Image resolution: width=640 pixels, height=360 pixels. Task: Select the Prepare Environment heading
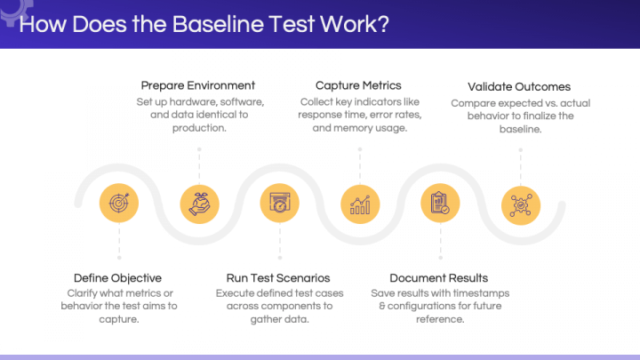coord(198,85)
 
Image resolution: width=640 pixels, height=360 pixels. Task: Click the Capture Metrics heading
coord(359,85)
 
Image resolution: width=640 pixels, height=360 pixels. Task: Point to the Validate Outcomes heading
coord(519,86)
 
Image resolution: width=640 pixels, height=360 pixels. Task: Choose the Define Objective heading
coord(117,277)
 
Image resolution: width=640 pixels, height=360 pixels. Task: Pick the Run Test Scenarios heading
coord(279,277)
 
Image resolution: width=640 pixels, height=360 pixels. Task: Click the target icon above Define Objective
coord(118,204)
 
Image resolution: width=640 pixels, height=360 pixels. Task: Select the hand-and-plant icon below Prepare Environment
coord(199,204)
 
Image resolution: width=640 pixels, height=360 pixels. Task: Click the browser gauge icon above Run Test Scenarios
coord(279,204)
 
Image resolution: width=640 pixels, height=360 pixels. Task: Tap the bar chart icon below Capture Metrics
coord(360,204)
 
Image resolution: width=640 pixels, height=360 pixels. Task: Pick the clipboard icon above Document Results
coord(439,204)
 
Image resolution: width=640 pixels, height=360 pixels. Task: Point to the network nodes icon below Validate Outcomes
coord(520,204)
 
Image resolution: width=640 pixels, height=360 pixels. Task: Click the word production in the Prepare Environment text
coord(197,128)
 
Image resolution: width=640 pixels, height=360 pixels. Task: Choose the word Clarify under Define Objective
coord(85,292)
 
